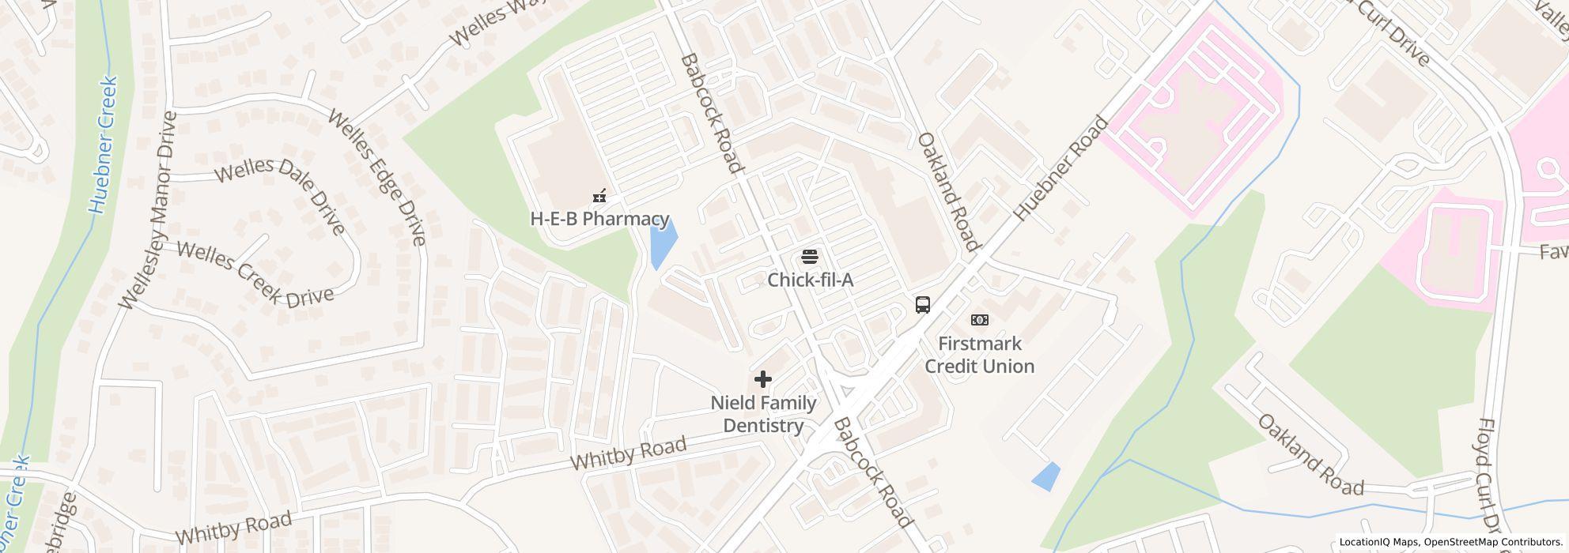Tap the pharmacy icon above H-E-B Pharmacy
(600, 194)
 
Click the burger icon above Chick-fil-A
(809, 256)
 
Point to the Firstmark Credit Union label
(980, 355)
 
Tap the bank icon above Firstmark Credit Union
(980, 320)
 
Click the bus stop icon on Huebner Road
(922, 305)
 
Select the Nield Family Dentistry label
(763, 414)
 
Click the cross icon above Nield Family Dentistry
(762, 380)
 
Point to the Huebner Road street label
(1060, 169)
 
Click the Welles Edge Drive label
(377, 177)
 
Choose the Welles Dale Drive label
(280, 194)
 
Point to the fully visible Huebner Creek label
(104, 145)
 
